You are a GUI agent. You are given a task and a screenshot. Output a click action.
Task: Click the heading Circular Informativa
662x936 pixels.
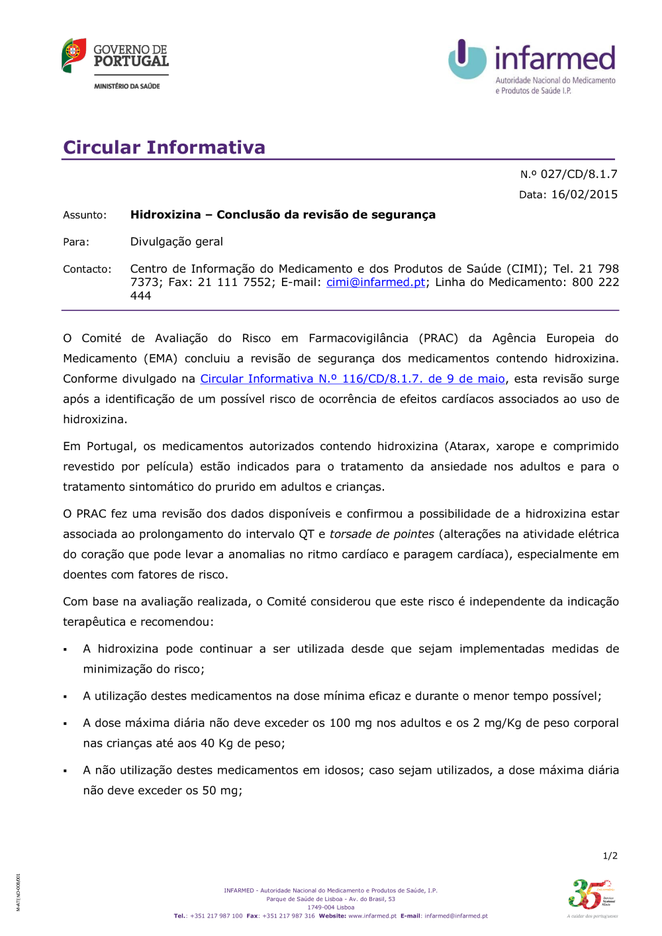pos(164,147)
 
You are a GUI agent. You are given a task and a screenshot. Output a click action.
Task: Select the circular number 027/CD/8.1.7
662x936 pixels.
pos(579,174)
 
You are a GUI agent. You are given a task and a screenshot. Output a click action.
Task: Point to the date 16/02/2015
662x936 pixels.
pos(584,195)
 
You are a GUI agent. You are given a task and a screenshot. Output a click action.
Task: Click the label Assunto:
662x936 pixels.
pos(85,215)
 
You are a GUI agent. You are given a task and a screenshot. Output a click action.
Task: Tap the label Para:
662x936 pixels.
pos(76,242)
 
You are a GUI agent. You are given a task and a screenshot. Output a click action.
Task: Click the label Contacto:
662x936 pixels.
pos(87,269)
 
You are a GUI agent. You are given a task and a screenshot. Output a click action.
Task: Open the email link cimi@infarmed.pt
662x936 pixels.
pos(375,283)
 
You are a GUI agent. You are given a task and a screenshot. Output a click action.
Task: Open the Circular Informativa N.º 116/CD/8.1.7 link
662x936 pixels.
pos(352,379)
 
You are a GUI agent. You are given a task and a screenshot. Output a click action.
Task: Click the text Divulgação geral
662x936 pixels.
pos(176,242)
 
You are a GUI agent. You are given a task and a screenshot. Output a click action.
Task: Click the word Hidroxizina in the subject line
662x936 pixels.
pos(165,214)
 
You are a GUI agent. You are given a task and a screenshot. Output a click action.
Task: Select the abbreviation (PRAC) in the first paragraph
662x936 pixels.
pos(438,338)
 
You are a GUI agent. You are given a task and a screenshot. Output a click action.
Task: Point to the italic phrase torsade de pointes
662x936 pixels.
pos(382,534)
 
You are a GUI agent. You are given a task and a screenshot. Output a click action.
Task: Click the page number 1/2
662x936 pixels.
pos(610,856)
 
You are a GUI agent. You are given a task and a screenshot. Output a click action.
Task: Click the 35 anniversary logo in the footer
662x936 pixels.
pos(592,897)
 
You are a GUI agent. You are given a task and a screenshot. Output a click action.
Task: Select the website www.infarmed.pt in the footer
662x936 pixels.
pos(372,916)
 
